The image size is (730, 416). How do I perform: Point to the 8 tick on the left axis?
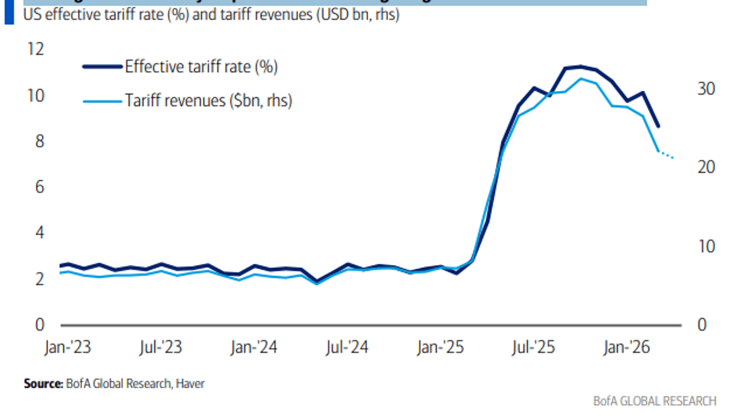[38, 141]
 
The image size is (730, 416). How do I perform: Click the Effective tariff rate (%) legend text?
[201, 67]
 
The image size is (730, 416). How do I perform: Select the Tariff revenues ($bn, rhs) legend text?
[209, 100]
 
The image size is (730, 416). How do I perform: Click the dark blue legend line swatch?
[102, 67]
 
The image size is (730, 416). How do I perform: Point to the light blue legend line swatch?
[102, 100]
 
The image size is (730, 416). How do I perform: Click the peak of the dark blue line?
[580, 66]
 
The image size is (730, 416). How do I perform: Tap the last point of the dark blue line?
[658, 127]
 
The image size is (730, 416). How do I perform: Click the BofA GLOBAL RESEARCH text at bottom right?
[655, 401]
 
